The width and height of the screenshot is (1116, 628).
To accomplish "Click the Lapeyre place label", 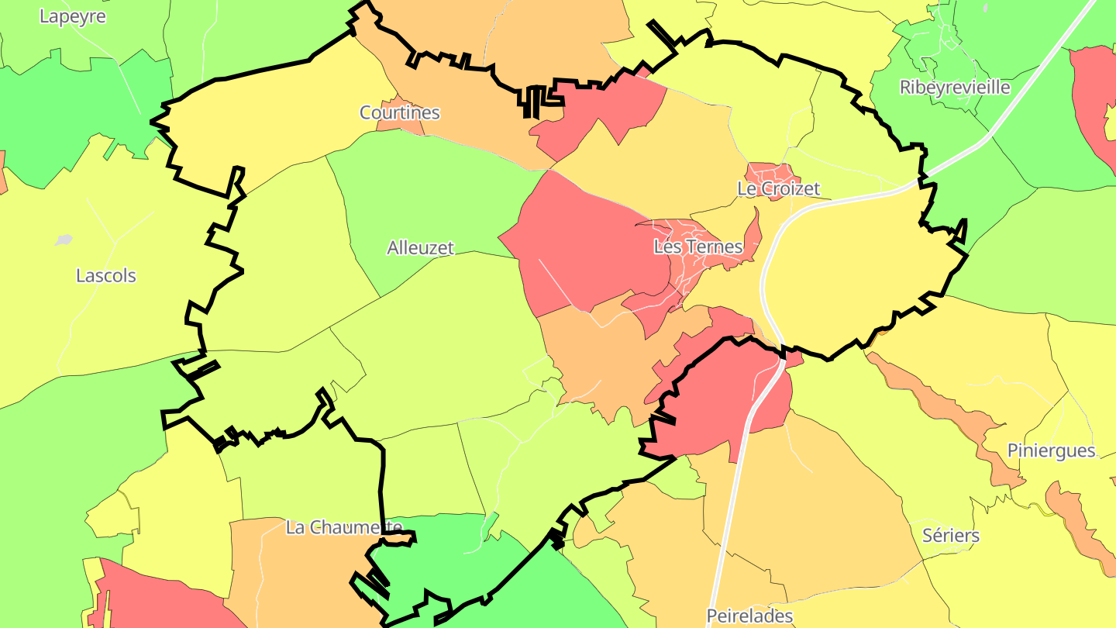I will (x=72, y=16).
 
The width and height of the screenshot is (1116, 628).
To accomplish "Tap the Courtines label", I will (x=399, y=112).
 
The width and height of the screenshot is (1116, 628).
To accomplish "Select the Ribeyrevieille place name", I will (x=955, y=87).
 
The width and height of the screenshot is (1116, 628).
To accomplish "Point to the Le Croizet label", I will (x=777, y=188).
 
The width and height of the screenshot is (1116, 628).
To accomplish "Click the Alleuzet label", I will (x=420, y=248).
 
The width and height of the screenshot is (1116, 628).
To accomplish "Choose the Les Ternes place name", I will (x=697, y=247).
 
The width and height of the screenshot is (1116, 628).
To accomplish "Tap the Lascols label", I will (x=105, y=275).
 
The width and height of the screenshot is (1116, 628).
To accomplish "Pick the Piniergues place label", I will (x=1051, y=450).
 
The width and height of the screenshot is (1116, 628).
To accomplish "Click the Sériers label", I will (x=951, y=535).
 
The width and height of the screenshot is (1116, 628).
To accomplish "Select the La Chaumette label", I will (x=344, y=527).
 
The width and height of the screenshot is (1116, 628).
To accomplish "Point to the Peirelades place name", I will (x=749, y=616).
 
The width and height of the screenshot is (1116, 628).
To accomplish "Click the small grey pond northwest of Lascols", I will (x=64, y=240).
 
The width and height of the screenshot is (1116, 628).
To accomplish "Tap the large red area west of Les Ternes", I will (x=581, y=240).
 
